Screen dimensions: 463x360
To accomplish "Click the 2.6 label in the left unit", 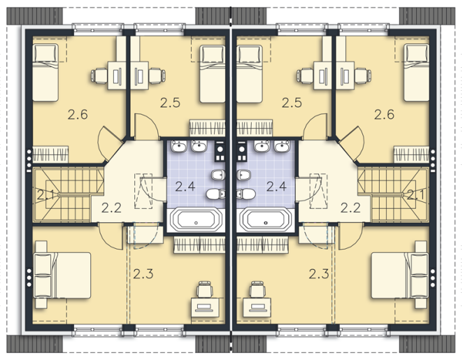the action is tap(78, 114).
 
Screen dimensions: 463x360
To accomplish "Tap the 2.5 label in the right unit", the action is tap(292, 103).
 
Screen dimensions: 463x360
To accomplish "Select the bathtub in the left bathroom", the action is tap(197, 219).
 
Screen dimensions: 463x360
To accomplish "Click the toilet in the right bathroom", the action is tap(245, 194).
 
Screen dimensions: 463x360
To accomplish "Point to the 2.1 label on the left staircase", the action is tap(45, 195).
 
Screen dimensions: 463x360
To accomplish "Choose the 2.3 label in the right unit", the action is tap(319, 274).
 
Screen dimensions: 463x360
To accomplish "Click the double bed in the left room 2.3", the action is tap(63, 275).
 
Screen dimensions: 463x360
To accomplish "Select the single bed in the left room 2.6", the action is tap(45, 73).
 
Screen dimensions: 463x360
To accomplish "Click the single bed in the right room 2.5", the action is tap(250, 74).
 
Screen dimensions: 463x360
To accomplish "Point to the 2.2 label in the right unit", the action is tap(350, 208).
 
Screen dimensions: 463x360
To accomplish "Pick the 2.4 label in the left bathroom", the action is tap(185, 187).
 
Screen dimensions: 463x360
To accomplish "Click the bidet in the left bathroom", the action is tap(218, 175).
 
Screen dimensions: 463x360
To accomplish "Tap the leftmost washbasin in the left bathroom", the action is tap(179, 146).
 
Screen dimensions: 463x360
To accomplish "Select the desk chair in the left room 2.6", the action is tap(99, 75).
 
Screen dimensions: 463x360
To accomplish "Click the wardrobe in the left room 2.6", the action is tap(50, 154).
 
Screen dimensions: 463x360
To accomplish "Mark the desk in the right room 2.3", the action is tap(257, 308).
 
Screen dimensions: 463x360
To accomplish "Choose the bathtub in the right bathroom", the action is tap(266, 219).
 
